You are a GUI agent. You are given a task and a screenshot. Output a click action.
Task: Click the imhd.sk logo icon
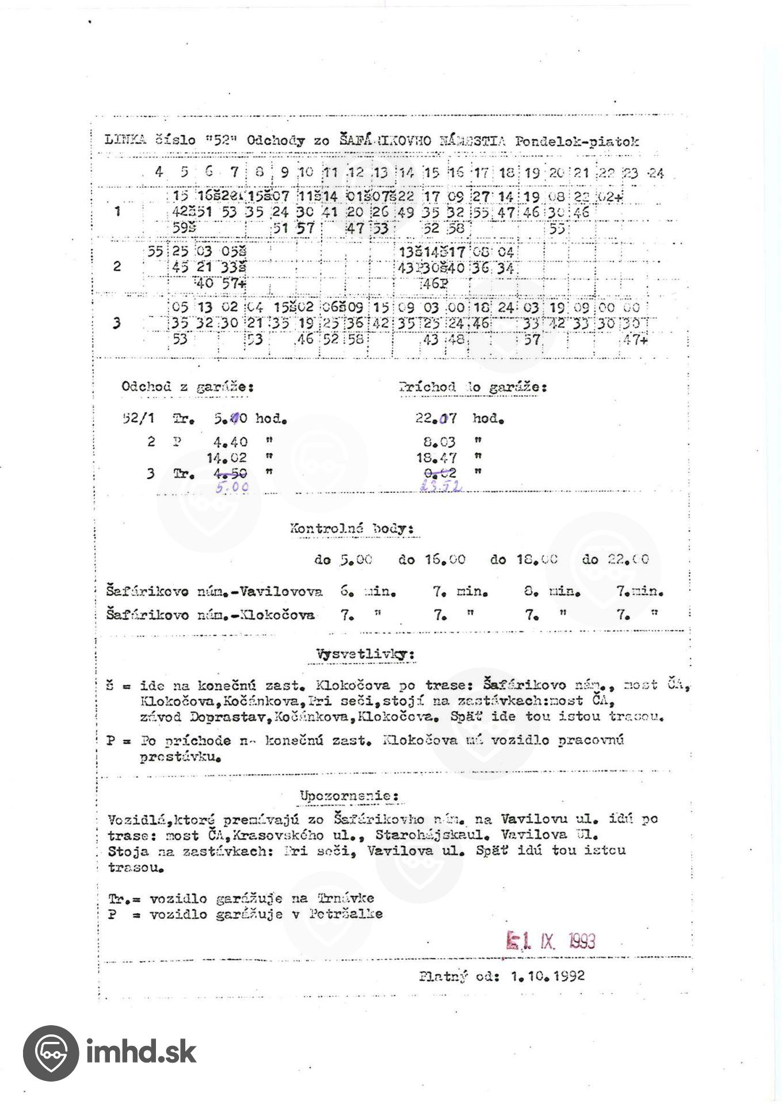(x=51, y=1053)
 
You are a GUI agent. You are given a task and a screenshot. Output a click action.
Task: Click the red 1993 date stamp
(x=551, y=941)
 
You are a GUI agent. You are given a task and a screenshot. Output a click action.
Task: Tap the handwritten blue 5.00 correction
(x=232, y=488)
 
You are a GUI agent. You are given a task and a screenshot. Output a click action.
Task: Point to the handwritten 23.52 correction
(x=441, y=486)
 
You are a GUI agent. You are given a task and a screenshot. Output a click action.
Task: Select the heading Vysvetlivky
(x=365, y=654)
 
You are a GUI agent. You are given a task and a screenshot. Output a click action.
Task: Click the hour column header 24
(x=655, y=173)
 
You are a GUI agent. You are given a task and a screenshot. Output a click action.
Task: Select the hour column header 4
(x=159, y=172)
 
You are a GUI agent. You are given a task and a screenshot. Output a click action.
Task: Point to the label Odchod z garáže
(x=188, y=387)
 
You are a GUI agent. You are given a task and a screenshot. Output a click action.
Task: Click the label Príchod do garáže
(x=472, y=388)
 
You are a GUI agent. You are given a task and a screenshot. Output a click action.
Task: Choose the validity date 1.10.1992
(x=547, y=976)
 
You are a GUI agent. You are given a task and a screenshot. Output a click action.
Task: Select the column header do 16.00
(x=432, y=559)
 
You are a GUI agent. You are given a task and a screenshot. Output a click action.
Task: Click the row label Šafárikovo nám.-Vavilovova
(x=214, y=591)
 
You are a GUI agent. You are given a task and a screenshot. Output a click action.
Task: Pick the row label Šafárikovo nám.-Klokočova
(x=211, y=615)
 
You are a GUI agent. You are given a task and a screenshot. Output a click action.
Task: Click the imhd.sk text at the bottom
(x=141, y=1053)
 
